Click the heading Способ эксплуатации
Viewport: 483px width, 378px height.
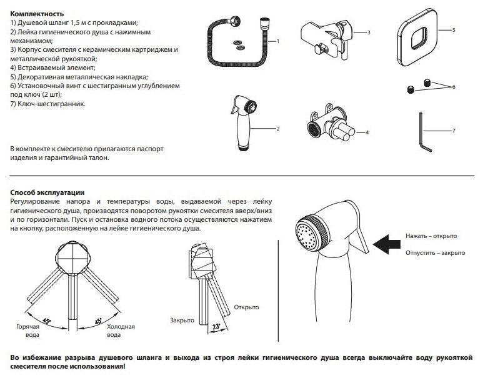47,193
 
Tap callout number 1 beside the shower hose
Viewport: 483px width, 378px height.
277,41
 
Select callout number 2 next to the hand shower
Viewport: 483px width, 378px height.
277,127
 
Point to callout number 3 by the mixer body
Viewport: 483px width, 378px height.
369,32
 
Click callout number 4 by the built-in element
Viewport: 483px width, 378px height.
368,132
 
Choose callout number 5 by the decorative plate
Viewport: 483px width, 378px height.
454,29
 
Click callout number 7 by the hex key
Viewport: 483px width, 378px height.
454,130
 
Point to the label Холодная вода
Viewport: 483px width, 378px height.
120,331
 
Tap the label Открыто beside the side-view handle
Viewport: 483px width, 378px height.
246,307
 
